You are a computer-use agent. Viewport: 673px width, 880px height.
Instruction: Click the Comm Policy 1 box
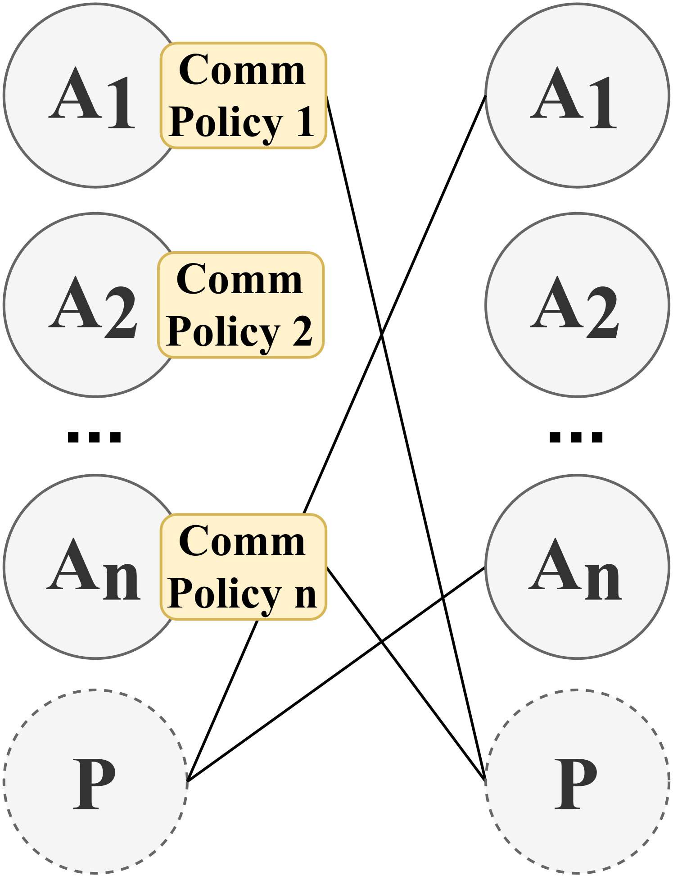(x=244, y=95)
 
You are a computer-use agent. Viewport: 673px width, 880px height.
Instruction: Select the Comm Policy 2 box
(x=241, y=305)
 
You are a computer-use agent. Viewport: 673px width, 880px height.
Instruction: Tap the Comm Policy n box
(x=244, y=567)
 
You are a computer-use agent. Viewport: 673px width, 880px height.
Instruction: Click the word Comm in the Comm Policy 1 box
(x=242, y=71)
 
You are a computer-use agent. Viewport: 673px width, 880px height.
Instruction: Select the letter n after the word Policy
(x=306, y=593)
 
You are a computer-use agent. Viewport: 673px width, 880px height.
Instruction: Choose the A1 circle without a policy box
(x=577, y=95)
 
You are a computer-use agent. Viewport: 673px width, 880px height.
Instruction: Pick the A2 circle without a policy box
(x=577, y=305)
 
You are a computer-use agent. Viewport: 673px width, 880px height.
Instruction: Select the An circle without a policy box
(x=577, y=567)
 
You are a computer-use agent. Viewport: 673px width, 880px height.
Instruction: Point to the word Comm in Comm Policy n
(x=242, y=541)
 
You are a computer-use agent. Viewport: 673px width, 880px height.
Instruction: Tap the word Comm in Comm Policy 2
(x=239, y=280)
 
